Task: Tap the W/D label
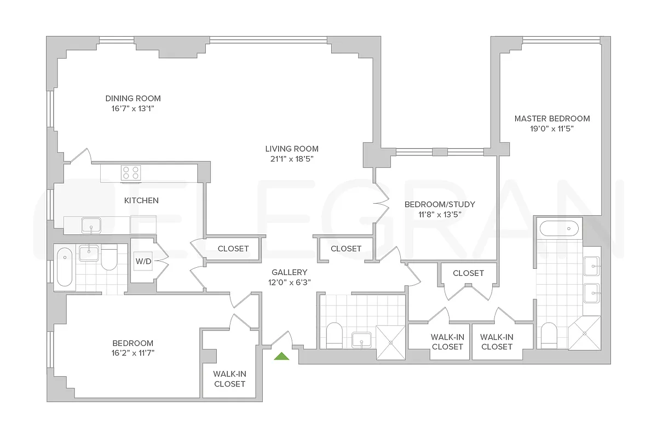[x=143, y=261]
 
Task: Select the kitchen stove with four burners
[x=131, y=173]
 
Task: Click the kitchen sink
[x=91, y=226]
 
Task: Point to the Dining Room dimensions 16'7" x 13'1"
[x=133, y=108]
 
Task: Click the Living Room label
[x=292, y=149]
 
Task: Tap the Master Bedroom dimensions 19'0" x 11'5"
[x=552, y=129]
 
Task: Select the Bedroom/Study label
[x=440, y=204]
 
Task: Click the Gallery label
[x=290, y=272]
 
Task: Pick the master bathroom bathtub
[x=559, y=228]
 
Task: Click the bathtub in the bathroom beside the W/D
[x=65, y=267]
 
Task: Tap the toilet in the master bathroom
[x=549, y=336]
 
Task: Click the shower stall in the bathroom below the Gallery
[x=391, y=342]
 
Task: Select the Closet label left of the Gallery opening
[x=233, y=249]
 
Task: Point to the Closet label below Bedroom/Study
[x=469, y=273]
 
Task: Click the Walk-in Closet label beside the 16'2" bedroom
[x=229, y=379]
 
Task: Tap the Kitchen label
[x=141, y=200]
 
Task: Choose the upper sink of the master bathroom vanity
[x=592, y=266]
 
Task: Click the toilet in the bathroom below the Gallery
[x=335, y=336]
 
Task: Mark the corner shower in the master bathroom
[x=585, y=333]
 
